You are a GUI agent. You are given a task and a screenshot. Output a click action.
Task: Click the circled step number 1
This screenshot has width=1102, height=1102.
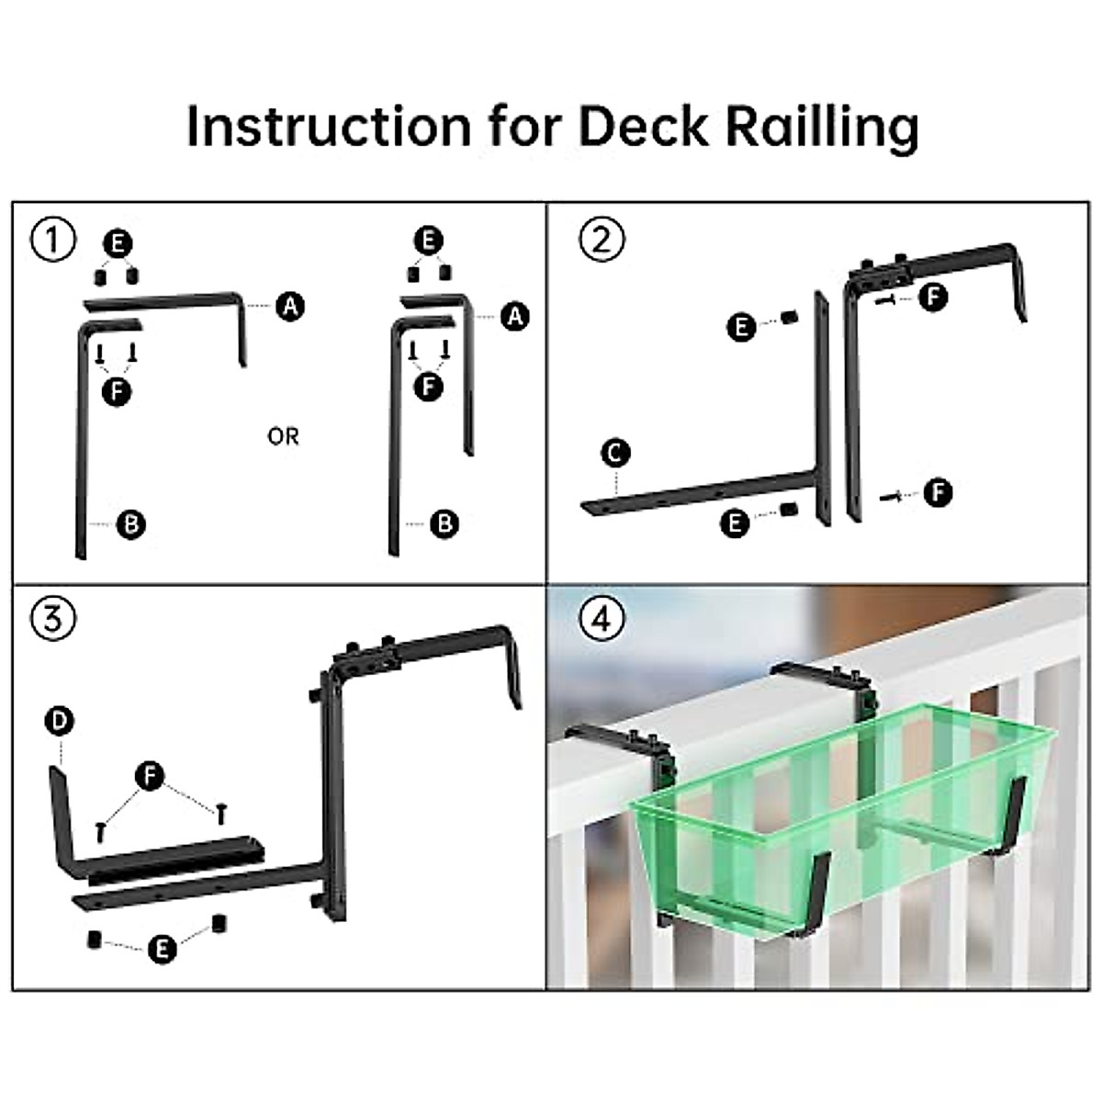(x=52, y=241)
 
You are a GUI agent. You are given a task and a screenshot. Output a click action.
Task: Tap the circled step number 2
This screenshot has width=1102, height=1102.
(x=602, y=239)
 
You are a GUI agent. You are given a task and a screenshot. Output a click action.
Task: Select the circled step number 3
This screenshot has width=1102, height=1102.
(x=52, y=618)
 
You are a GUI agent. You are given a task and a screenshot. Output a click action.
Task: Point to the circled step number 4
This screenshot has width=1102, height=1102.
(x=602, y=618)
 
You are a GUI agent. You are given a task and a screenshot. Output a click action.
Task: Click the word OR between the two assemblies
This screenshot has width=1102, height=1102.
(x=283, y=436)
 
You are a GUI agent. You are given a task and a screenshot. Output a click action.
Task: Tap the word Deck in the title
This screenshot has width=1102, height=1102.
(x=644, y=126)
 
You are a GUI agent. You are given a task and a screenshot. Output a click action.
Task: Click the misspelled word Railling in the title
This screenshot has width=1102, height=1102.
(x=822, y=128)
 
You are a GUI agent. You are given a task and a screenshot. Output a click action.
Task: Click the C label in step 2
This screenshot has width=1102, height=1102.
(x=616, y=453)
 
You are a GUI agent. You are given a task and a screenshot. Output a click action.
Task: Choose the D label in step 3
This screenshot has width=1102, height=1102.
(x=59, y=722)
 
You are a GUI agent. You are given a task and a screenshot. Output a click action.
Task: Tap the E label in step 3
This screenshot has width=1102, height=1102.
(x=162, y=949)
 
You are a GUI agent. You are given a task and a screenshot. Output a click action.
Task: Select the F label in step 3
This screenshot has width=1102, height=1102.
(x=150, y=776)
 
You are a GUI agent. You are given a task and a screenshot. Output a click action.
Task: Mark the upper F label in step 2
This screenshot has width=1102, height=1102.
(x=933, y=297)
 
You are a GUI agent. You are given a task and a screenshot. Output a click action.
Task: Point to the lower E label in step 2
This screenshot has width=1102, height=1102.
(x=735, y=523)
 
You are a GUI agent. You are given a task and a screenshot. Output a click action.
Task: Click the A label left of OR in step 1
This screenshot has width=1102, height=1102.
(x=290, y=306)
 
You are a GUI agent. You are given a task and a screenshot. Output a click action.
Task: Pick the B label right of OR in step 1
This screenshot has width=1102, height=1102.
(x=444, y=523)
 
